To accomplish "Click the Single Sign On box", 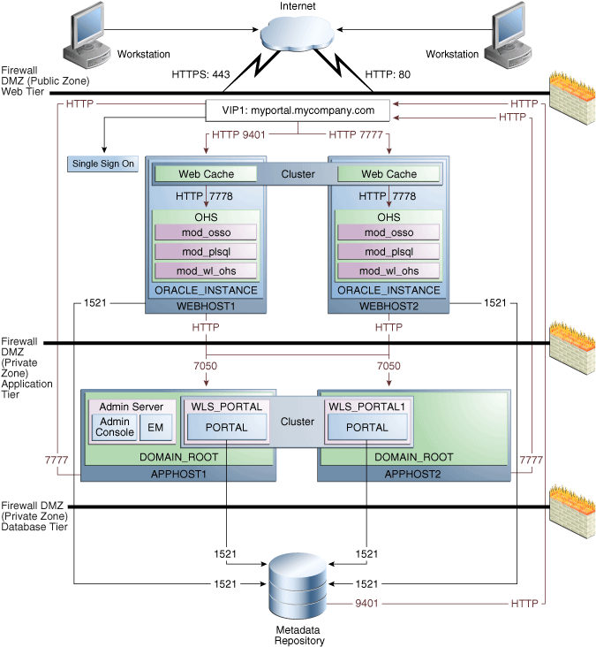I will [x=103, y=164].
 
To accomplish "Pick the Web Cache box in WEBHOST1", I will [x=206, y=174].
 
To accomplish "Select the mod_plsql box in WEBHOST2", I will [x=389, y=251].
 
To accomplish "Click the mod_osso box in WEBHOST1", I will [x=206, y=232].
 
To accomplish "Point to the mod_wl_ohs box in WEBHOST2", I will [x=389, y=270].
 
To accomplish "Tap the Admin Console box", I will [x=115, y=427].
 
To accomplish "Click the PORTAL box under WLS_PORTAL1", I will [x=367, y=428].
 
